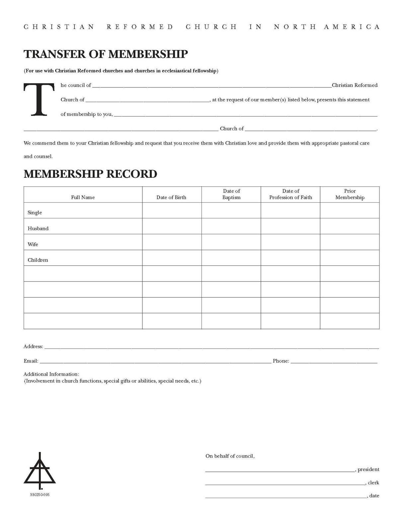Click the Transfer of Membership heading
coord(106,54)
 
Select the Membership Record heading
coord(90,174)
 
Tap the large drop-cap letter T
coord(39,100)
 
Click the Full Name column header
coord(83,197)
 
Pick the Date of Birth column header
coord(171,197)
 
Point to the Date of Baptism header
coord(231,194)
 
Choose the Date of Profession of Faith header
coord(290,194)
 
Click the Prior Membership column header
coord(350,194)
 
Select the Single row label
coord(35,213)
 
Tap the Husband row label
coord(38,229)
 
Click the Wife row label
coord(33,244)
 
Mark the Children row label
coord(38,260)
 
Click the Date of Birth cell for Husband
coord(172,226)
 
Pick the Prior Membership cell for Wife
coord(350,242)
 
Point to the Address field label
coord(33,347)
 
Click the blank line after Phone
coord(334,362)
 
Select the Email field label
coord(31,361)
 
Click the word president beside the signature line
coord(368,470)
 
